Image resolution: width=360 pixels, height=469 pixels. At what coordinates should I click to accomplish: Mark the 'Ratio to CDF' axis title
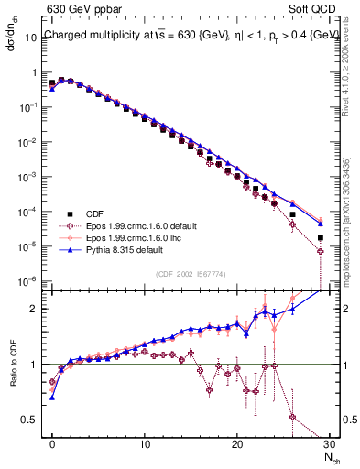[x=16, y=378]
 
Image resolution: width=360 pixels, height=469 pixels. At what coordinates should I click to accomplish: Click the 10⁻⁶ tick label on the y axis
[x=29, y=281]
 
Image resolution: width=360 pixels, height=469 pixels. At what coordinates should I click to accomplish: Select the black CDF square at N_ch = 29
[x=320, y=238]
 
